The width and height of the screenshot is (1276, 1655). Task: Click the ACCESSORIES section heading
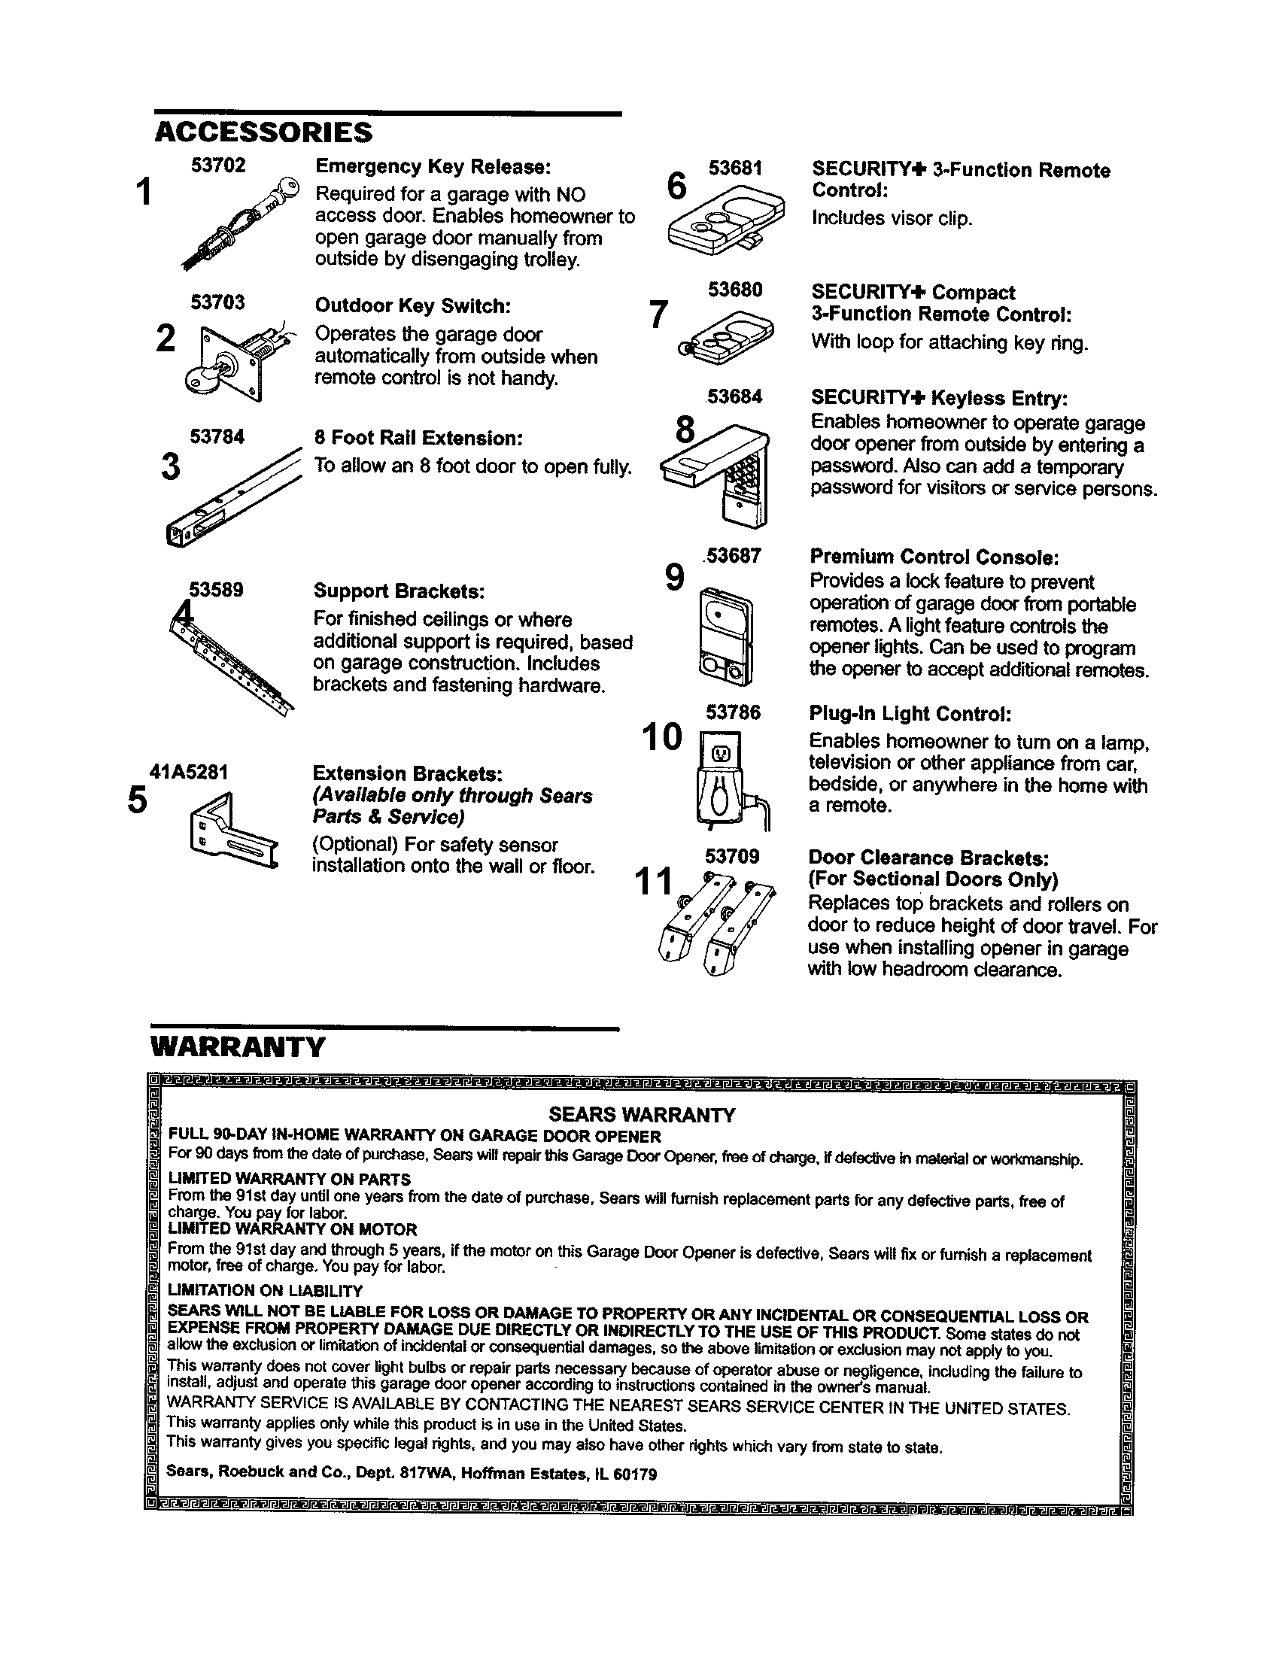(x=263, y=132)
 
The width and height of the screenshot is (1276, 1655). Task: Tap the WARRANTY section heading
(x=238, y=1047)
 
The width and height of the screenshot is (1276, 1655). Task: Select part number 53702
(x=218, y=166)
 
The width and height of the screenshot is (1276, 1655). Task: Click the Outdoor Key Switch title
(x=413, y=306)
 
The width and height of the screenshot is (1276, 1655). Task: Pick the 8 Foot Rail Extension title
(x=419, y=439)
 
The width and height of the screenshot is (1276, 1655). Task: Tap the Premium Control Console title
(x=934, y=557)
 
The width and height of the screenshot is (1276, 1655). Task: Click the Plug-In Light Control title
(x=910, y=714)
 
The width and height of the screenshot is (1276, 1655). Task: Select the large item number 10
(x=661, y=736)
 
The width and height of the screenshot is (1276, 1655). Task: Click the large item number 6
(x=676, y=187)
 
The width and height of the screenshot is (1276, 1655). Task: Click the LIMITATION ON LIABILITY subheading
(x=265, y=1290)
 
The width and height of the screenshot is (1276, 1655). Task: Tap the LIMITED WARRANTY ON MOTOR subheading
(x=293, y=1229)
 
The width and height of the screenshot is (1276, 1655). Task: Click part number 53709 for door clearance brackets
(x=732, y=856)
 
